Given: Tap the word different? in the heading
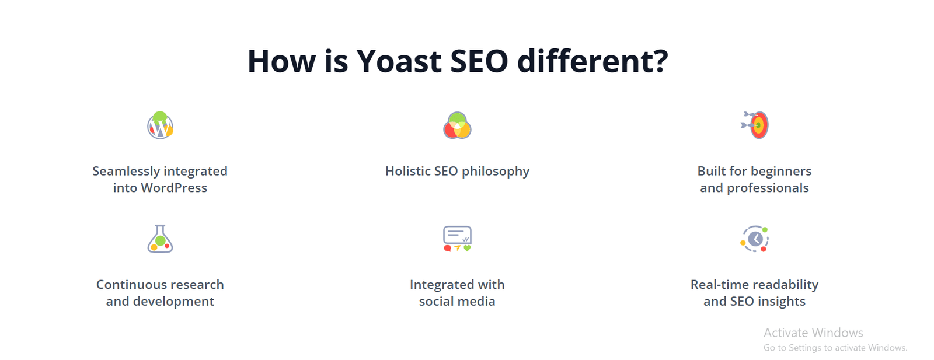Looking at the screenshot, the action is [593, 61].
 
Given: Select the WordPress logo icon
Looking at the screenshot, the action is [160, 125].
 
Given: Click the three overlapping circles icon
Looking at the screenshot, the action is [457, 125].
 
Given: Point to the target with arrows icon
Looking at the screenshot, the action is [754, 125].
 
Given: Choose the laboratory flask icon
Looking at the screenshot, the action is [160, 239].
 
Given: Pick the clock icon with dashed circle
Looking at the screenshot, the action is [754, 239].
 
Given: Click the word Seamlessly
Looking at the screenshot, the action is [126, 172].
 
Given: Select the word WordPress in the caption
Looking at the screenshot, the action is [174, 188].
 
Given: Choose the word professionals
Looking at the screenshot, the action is [768, 188].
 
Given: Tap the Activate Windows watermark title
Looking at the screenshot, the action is [813, 333].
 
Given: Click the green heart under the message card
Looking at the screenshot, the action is [467, 249].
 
